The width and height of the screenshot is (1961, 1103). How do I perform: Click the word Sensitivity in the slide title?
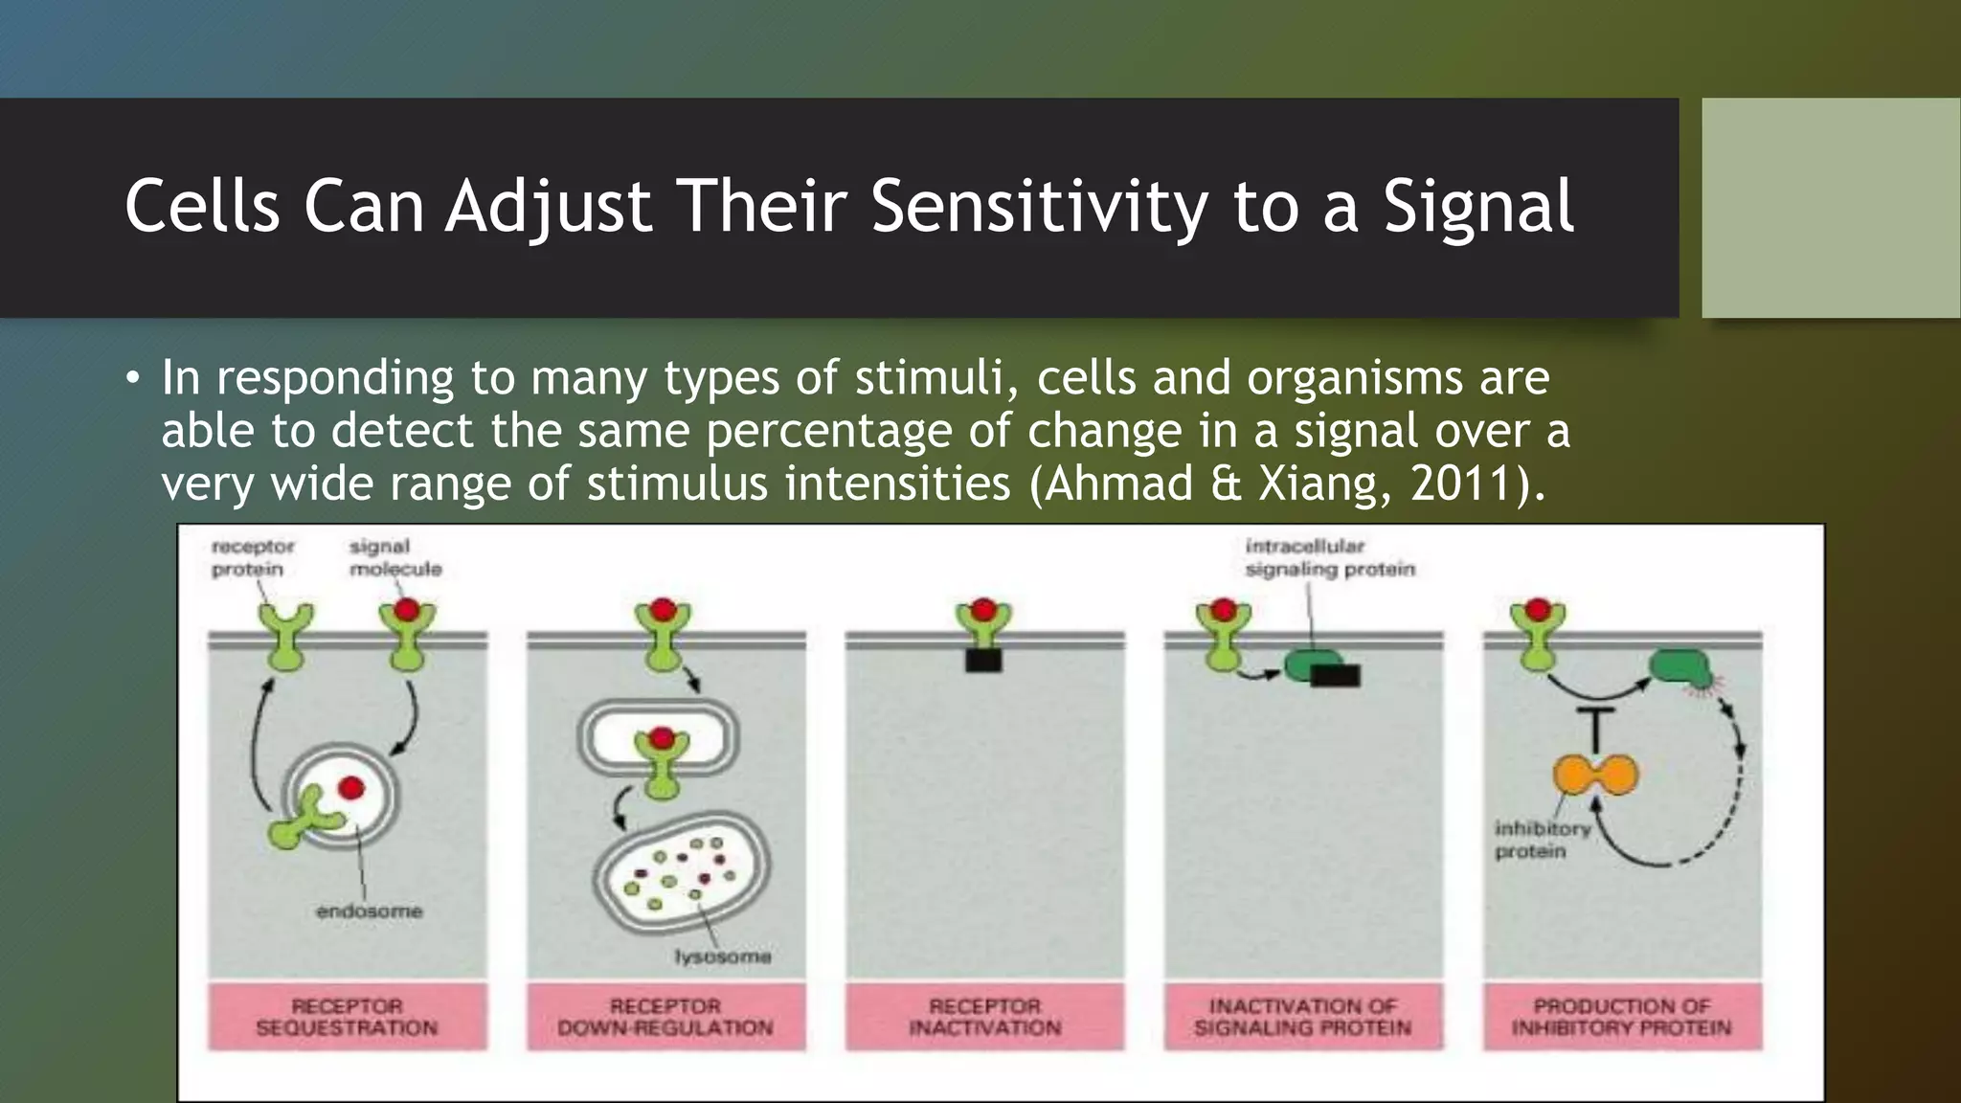(1038, 207)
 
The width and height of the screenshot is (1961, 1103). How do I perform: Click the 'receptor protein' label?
(251, 557)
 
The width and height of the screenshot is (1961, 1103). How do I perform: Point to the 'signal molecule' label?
(394, 557)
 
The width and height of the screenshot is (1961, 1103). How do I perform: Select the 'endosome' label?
(369, 911)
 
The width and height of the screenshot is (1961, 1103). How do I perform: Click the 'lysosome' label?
(722, 957)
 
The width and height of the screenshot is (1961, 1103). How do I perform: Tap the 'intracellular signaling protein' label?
(1329, 557)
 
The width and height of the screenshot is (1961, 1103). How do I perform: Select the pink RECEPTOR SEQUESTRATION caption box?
(347, 1017)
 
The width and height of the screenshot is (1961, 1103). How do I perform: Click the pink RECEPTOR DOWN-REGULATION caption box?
(665, 1017)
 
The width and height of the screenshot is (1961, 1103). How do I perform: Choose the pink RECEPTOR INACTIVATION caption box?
(984, 1017)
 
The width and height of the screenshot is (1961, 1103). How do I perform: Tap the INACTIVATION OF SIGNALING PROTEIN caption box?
(1302, 1017)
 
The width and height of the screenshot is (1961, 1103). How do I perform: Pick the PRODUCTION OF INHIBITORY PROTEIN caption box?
(1621, 1017)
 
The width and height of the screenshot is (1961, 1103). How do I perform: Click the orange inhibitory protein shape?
(1595, 775)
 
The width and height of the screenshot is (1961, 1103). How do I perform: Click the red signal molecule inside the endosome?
(351, 787)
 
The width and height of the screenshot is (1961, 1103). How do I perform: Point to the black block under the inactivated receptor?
(983, 660)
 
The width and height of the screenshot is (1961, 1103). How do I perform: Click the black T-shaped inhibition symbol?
(1595, 728)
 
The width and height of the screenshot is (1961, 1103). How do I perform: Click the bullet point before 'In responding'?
(132, 377)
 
